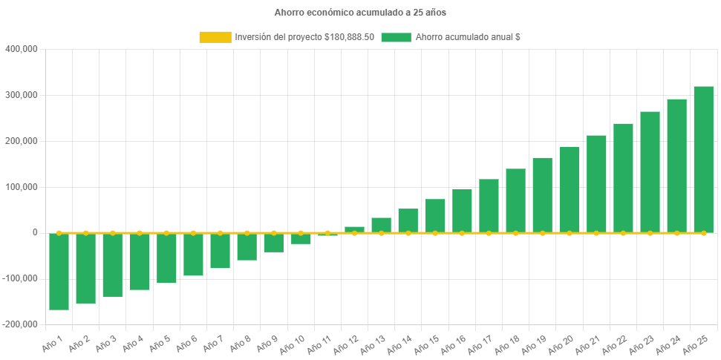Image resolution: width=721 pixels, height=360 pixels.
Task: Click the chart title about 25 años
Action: (360, 13)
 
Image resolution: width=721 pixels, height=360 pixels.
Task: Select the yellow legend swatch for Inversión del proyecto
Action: (215, 37)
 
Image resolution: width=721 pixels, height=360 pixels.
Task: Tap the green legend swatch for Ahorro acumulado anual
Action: (396, 37)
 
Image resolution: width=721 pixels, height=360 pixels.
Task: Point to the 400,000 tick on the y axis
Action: (21, 49)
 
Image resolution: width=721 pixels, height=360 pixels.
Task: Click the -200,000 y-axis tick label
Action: (19, 324)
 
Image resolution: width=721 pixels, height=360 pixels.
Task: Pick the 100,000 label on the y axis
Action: (21, 187)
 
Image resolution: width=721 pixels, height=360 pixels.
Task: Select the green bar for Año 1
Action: (59, 271)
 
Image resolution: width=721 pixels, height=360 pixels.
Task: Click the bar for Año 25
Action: (703, 160)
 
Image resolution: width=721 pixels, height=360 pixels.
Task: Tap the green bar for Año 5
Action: (166, 258)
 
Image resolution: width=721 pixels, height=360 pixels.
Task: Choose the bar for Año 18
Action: (515, 200)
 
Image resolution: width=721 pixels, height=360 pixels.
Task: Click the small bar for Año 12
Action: (354, 229)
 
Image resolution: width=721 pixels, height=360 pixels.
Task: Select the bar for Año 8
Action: (247, 246)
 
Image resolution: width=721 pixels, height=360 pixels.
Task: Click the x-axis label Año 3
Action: (104, 343)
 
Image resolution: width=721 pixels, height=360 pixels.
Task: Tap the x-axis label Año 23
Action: (642, 344)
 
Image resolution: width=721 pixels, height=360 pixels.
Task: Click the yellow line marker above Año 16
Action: (462, 233)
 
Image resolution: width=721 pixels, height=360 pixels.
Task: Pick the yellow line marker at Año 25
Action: (703, 233)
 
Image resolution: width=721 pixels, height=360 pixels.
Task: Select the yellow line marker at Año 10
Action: (301, 233)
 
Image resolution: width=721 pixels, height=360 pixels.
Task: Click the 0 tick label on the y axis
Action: (34, 232)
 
